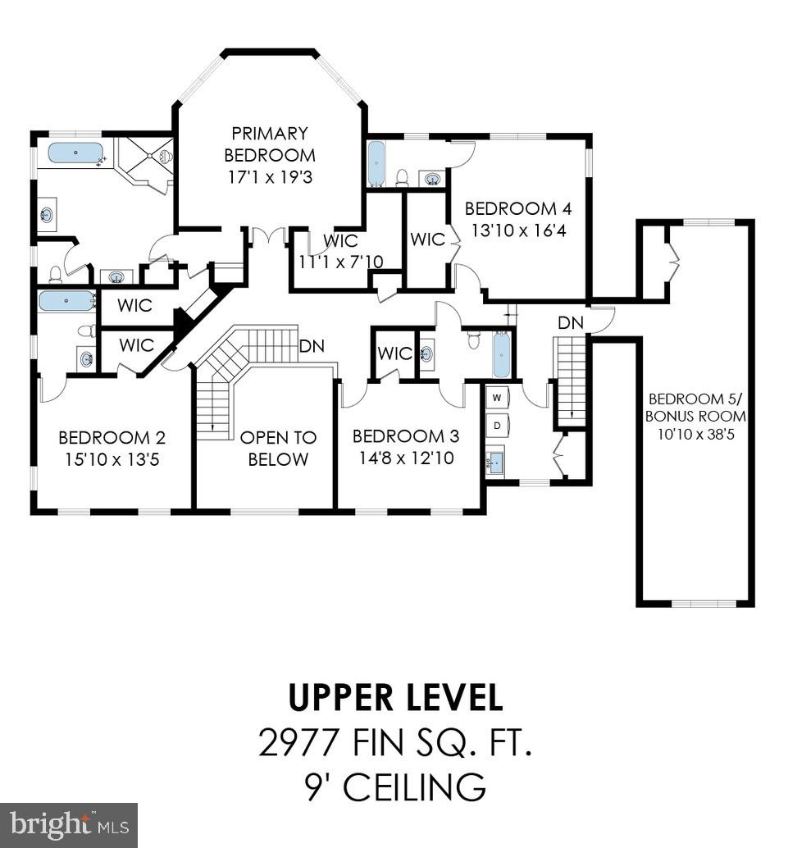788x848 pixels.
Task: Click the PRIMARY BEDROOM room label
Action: coord(270,144)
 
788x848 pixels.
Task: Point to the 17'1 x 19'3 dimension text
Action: coord(270,176)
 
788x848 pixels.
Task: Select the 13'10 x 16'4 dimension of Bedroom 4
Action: coord(516,230)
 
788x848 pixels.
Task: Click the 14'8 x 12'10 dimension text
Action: coord(406,458)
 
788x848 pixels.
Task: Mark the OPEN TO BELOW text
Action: coord(278,448)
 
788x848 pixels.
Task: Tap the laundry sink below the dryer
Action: coord(495,463)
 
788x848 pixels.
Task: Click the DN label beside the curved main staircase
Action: coord(312,346)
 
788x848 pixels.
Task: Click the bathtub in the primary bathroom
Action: coord(75,153)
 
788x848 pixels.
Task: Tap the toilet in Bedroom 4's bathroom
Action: coord(403,176)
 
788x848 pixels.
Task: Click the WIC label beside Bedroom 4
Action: coord(427,239)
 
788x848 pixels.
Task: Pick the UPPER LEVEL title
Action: coord(395,698)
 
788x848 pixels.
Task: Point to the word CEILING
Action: coord(413,788)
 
